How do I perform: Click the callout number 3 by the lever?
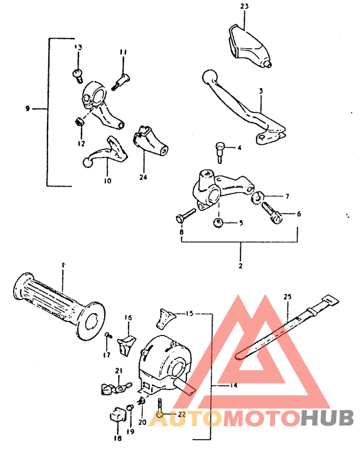click(x=260, y=92)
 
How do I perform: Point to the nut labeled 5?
click(x=219, y=222)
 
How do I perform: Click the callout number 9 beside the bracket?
click(x=28, y=109)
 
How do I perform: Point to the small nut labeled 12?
click(x=78, y=74)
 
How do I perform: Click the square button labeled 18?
click(x=117, y=415)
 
